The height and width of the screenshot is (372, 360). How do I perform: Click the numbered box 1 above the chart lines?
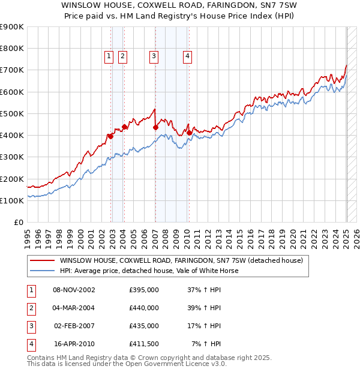coord(109,56)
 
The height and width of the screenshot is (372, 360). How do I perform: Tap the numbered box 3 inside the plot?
coord(154,56)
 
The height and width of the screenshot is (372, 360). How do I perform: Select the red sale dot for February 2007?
coord(155,127)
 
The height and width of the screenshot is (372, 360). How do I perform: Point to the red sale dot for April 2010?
coord(189,133)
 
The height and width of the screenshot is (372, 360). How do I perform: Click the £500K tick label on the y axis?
coord(11,113)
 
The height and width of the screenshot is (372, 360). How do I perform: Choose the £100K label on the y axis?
coord(11,200)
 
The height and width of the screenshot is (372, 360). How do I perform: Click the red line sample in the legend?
coord(43,261)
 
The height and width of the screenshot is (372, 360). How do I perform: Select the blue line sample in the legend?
coord(43,271)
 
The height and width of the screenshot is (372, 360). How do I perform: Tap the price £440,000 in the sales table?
coord(144,308)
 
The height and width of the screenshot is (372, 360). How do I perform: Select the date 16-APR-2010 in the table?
coord(74,344)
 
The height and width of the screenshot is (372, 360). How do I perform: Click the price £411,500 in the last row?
coord(144,344)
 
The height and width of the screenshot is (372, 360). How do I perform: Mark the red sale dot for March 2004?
coord(124,127)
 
